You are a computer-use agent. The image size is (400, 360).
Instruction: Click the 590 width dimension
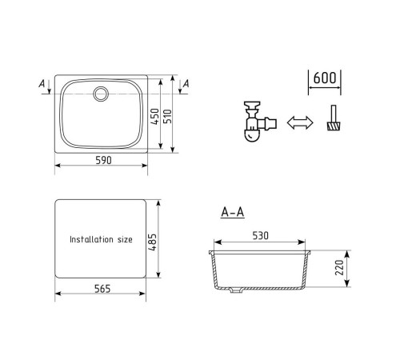(103, 160)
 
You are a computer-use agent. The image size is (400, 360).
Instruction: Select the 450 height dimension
(154, 116)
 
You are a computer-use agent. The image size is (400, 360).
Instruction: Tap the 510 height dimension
(167, 116)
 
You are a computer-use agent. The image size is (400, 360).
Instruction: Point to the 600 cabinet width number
(325, 78)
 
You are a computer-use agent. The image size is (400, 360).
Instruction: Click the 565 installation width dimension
(102, 289)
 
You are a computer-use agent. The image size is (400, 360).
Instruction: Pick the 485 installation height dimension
(152, 242)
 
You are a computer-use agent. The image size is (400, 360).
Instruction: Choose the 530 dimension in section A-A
(260, 236)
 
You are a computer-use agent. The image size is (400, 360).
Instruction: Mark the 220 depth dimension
(339, 267)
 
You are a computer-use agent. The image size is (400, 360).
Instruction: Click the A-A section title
(233, 213)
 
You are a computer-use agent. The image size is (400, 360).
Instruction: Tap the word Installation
(91, 239)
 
